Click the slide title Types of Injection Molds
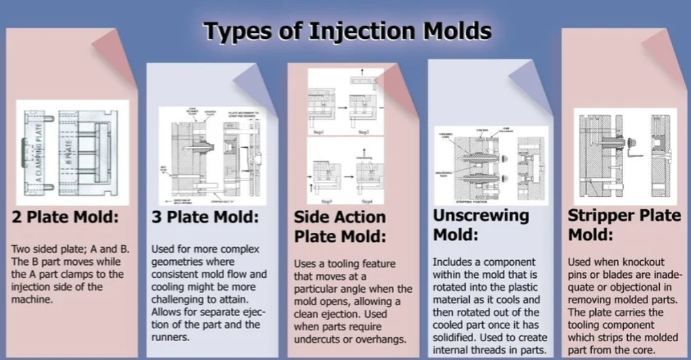click(347, 31)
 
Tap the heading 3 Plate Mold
click(205, 217)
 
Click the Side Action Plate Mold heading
click(340, 226)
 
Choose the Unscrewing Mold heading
click(481, 224)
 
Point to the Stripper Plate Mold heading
click(624, 224)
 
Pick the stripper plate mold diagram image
click(625, 156)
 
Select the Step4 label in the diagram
click(365, 201)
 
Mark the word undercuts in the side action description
click(315, 339)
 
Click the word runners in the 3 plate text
click(170, 337)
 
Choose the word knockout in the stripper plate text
click(643, 261)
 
